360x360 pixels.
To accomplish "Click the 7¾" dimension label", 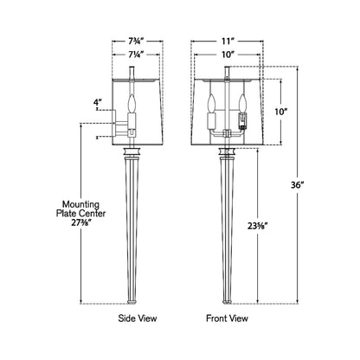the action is (136, 42).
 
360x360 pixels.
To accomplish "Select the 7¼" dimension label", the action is (136, 55).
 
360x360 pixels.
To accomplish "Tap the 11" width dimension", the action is (228, 42).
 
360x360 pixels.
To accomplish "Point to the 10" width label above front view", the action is (228, 55).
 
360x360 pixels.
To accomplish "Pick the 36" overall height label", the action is (298, 184).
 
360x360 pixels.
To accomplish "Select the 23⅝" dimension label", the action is (258, 226).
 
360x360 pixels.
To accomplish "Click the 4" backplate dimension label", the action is (98, 102).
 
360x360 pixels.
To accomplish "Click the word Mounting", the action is (81, 204).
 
